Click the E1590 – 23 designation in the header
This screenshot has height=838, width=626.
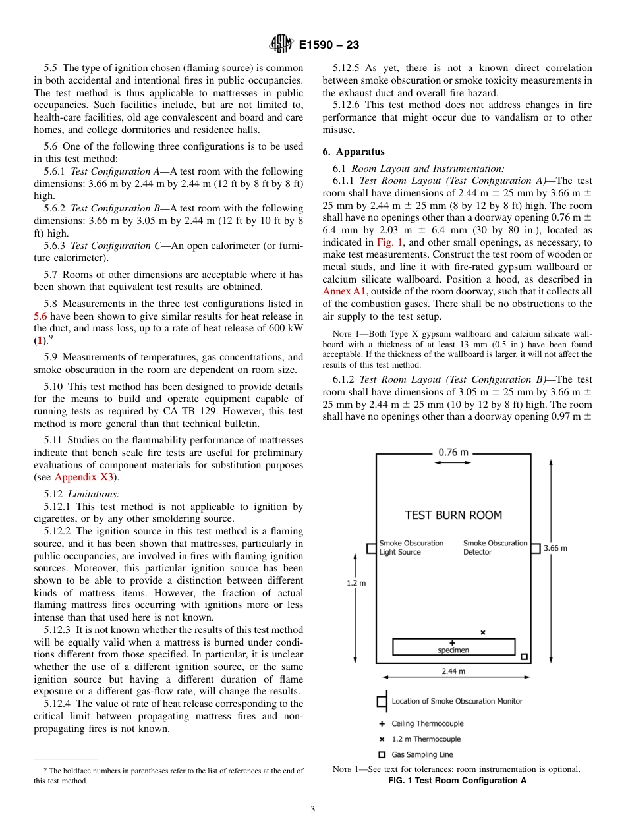click(329, 45)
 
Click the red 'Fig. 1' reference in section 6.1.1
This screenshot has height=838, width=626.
click(389, 242)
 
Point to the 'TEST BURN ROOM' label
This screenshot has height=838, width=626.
click(453, 515)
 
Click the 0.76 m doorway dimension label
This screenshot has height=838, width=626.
click(453, 452)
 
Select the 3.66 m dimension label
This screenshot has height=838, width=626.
click(555, 548)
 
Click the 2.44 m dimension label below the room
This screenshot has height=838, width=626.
click(453, 671)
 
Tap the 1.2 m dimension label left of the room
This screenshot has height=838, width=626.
click(356, 583)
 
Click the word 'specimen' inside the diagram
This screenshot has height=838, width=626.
click(453, 650)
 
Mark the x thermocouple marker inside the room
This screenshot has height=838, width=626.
click(482, 632)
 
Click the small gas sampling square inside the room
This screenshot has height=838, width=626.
click(524, 656)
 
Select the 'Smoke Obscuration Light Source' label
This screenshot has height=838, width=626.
click(411, 547)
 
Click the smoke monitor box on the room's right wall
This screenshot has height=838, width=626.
click(536, 547)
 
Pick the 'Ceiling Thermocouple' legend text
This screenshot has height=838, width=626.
click(427, 723)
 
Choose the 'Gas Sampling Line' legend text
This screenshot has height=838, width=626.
click(422, 754)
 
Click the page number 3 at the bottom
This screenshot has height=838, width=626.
click(313, 810)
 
